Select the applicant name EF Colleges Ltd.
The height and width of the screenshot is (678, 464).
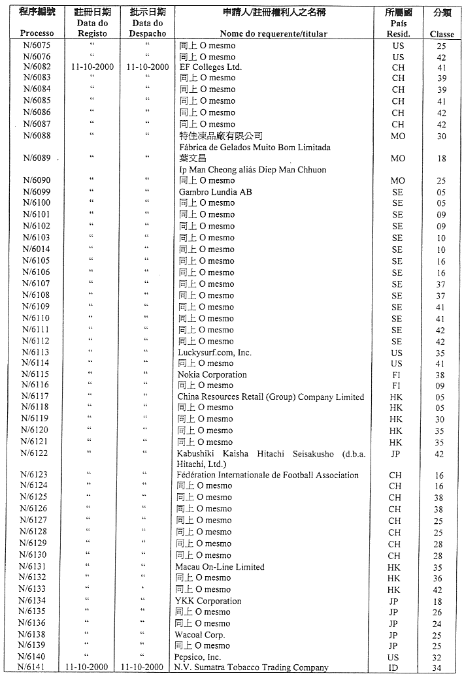coord(210,67)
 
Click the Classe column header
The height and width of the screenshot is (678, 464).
coord(441,34)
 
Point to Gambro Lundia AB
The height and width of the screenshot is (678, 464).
coord(215,192)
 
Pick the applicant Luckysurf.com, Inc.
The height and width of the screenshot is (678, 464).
coord(214,353)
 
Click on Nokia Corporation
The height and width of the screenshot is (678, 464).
coord(212,375)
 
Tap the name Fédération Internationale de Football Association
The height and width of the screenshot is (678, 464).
coord(267,475)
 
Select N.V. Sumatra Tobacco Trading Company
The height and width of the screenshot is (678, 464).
coord(251,668)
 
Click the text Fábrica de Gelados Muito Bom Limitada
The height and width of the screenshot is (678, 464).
coord(254,148)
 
